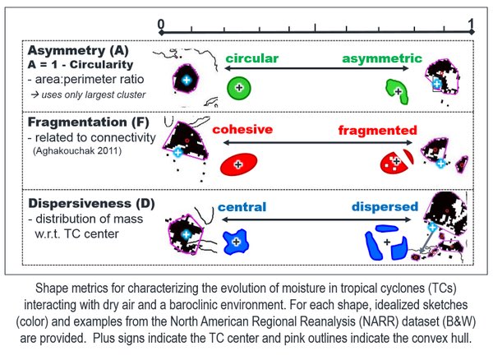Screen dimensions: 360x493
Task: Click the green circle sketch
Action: coord(239,86)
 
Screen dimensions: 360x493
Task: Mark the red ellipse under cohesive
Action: coord(238,164)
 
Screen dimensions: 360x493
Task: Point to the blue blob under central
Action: coord(237,240)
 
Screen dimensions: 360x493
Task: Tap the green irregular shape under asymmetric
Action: coord(398,90)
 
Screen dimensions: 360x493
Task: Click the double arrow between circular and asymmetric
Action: coord(313,60)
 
